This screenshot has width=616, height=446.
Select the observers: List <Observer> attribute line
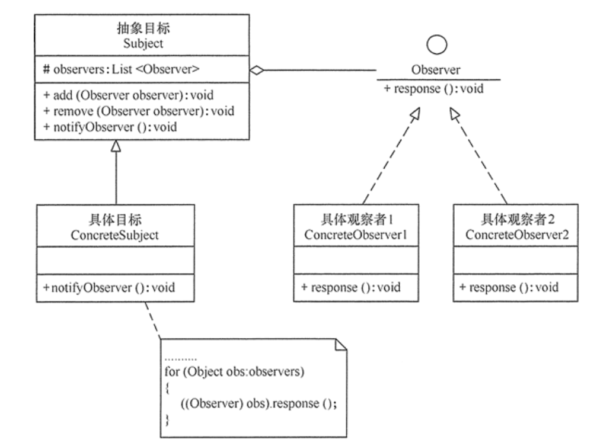pyautogui.click(x=121, y=69)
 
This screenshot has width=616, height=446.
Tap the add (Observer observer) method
pyautogui.click(x=128, y=95)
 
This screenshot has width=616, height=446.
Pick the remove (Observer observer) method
pyautogui.click(x=138, y=111)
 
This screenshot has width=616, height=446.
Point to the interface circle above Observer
pyautogui.click(x=437, y=45)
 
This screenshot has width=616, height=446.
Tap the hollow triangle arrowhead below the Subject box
pyautogui.click(x=116, y=146)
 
